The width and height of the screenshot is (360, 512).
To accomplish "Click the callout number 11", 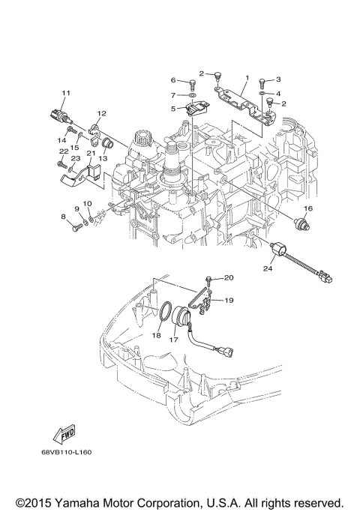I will click(x=65, y=92).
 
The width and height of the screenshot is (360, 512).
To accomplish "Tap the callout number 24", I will click(x=267, y=267).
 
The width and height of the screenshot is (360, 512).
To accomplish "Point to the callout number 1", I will click(x=247, y=78).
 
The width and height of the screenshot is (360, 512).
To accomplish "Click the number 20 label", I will click(x=229, y=278).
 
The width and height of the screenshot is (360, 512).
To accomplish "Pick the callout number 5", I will click(x=172, y=108).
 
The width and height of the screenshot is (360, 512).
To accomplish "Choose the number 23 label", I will click(x=75, y=159).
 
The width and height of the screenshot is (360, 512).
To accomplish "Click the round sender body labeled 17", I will click(x=183, y=316).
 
